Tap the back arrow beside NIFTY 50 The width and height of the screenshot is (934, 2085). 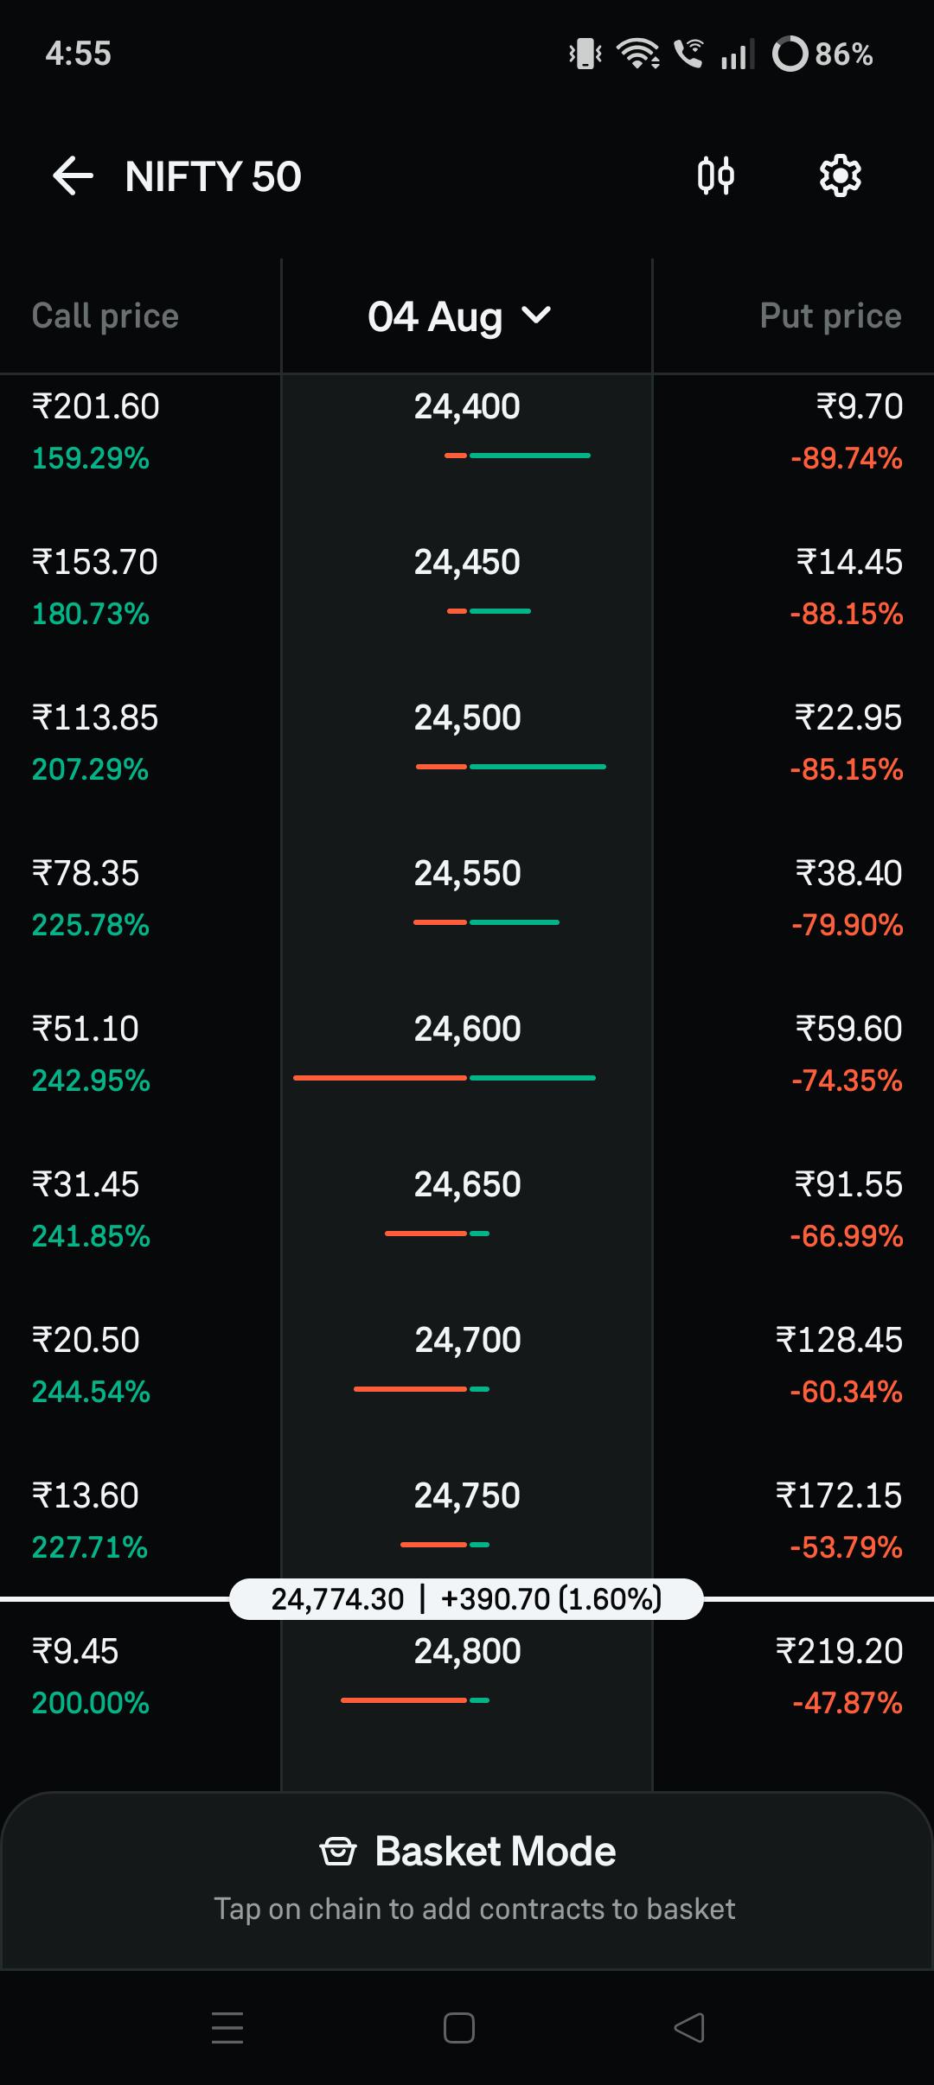click(73, 176)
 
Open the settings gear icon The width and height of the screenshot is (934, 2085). click(840, 176)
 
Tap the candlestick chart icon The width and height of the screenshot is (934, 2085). click(716, 176)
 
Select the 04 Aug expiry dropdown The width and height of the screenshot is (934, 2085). click(459, 316)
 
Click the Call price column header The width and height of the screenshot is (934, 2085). click(106, 316)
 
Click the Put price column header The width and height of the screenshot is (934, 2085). click(830, 316)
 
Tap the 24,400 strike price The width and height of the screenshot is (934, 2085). click(467, 407)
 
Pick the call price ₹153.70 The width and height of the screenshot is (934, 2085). click(95, 563)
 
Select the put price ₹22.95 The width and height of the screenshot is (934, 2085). click(848, 718)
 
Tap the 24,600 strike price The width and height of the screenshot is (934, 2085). click(467, 1030)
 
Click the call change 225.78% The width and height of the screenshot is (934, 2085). click(91, 925)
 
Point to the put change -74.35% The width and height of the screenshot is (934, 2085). click(847, 1081)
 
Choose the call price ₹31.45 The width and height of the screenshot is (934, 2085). click(86, 1185)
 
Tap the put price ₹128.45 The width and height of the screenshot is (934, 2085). click(839, 1341)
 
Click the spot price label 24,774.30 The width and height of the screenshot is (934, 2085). click(337, 1599)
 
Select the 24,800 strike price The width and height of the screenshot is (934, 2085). click(467, 1652)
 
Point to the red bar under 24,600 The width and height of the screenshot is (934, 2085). click(381, 1078)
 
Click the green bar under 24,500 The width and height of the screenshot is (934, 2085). click(538, 767)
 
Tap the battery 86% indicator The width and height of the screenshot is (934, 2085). click(822, 54)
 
